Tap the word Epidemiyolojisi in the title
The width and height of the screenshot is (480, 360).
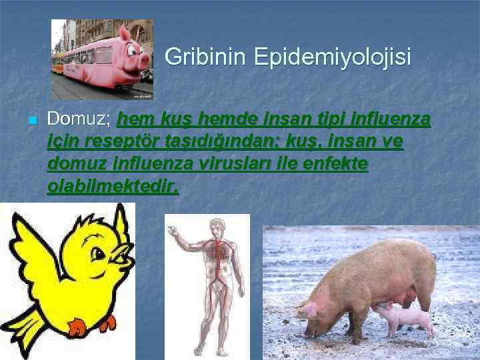point(331,57)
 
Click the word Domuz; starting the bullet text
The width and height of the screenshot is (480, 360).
point(79,120)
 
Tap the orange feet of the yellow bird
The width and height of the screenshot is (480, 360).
point(79,326)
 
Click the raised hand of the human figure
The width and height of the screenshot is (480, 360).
point(173,231)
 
